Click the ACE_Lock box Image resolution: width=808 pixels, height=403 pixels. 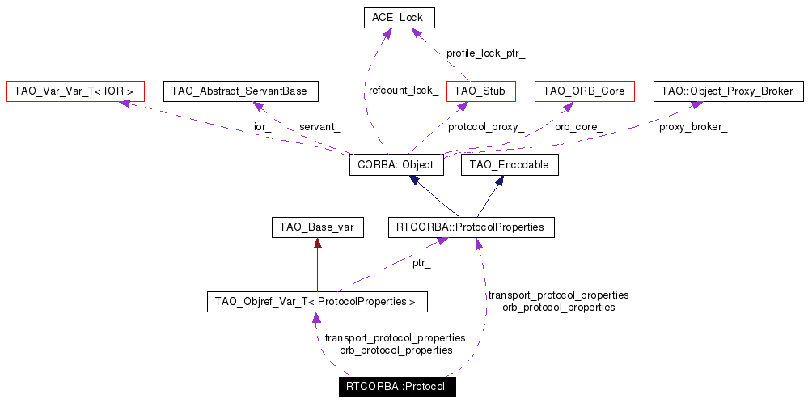click(x=399, y=18)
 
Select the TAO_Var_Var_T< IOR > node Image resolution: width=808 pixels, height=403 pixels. click(x=74, y=91)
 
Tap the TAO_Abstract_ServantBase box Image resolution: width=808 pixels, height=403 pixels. click(x=240, y=91)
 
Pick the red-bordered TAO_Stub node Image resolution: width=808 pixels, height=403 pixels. click(x=480, y=91)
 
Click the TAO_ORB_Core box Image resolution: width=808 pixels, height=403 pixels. click(x=584, y=91)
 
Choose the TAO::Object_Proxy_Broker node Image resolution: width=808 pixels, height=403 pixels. click(x=729, y=91)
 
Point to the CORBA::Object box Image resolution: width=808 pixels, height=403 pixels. click(x=396, y=165)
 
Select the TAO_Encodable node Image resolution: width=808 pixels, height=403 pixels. click(x=510, y=165)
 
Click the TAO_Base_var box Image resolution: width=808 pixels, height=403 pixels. click(x=316, y=228)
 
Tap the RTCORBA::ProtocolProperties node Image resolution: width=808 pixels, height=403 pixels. click(x=472, y=228)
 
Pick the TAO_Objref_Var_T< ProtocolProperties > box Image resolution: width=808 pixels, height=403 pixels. click(x=316, y=303)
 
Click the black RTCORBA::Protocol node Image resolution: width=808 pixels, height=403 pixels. click(x=396, y=386)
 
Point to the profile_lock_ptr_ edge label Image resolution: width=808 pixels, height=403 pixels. click(x=485, y=53)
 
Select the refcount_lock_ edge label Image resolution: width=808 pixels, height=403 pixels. click(x=404, y=91)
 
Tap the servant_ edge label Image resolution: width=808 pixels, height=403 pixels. click(x=319, y=127)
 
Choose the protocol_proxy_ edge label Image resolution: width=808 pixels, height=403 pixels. click(x=485, y=127)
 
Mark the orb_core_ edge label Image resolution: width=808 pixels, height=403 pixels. click(x=577, y=127)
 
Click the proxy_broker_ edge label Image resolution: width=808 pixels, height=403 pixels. click(x=692, y=127)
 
